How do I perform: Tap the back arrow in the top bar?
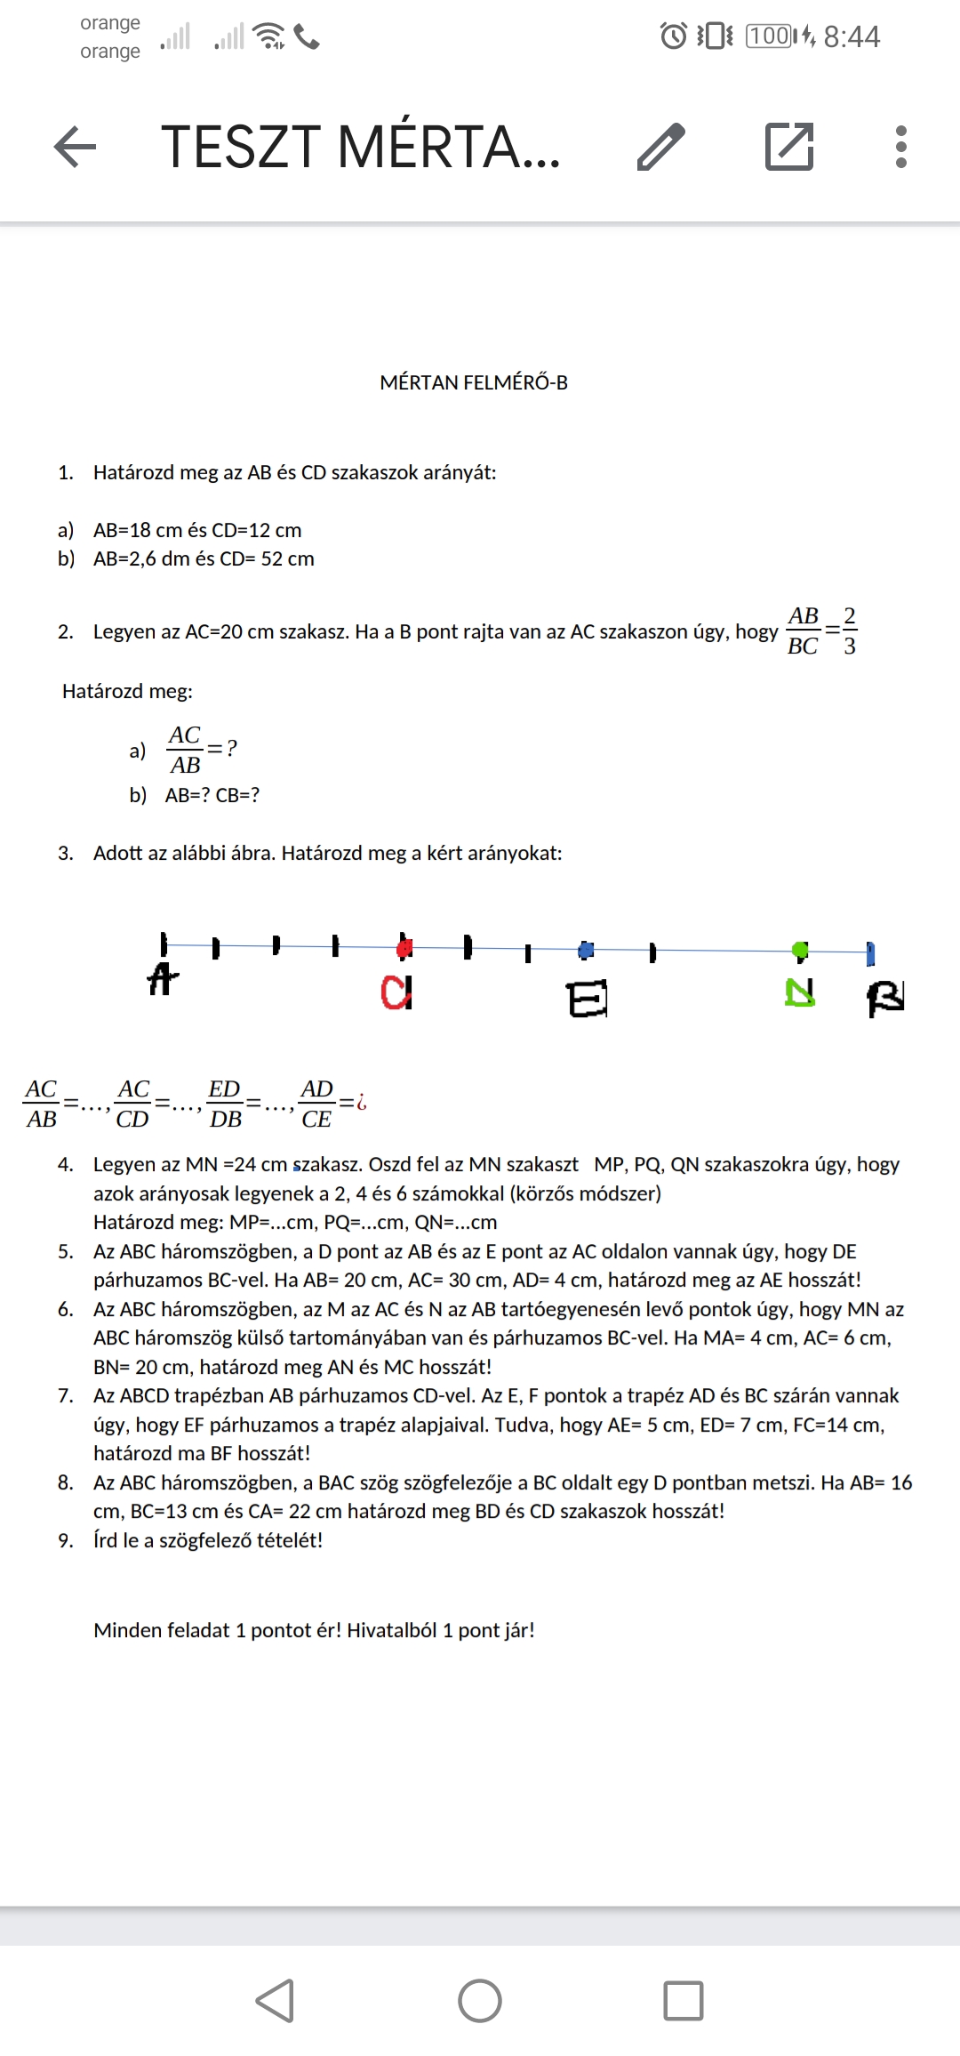pos(76,147)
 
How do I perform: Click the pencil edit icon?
pos(661,147)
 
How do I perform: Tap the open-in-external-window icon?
pos(789,147)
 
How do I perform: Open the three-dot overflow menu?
pos(900,147)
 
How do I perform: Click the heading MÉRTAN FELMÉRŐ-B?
pos(474,382)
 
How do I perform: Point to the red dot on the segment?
pos(404,948)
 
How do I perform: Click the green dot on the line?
pos(800,951)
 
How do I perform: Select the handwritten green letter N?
pos(800,992)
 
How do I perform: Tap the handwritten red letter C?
pos(396,992)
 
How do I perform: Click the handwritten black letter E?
pos(588,999)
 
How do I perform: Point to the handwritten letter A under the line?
pos(162,979)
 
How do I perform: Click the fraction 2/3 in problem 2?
pos(850,630)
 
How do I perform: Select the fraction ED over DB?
pos(225,1104)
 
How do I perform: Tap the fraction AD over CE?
pos(316,1104)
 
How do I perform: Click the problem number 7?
pos(66,1395)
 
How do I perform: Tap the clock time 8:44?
pos(851,36)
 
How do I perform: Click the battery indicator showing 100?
pos(770,36)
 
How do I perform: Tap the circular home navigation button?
pos(480,2001)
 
